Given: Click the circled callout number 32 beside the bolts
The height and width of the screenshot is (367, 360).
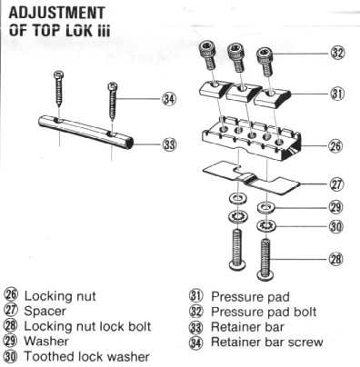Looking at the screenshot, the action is (337, 53).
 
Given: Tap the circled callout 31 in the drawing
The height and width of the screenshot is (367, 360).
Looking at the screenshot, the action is (337, 94).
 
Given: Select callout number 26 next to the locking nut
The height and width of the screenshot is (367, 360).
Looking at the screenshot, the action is (335, 146).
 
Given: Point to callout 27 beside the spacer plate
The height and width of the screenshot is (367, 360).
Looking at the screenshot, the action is (336, 184).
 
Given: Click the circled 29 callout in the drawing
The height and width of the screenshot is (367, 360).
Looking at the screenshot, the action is (336, 207).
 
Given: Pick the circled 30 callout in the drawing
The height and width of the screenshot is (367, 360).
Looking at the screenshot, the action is (336, 226).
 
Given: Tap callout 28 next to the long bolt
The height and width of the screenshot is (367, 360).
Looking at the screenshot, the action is (335, 259).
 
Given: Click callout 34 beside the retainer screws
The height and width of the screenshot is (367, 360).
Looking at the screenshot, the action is (169, 99).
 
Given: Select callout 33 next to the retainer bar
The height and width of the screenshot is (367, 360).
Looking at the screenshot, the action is (169, 144).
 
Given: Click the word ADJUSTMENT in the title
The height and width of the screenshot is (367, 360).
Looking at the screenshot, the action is (57, 13).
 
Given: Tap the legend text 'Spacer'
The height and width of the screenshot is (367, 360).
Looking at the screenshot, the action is (45, 311).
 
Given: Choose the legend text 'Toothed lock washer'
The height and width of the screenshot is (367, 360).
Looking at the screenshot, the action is (86, 356).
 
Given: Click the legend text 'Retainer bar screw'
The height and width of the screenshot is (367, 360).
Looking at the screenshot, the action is (267, 342).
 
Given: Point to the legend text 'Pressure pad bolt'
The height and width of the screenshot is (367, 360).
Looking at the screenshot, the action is (264, 312).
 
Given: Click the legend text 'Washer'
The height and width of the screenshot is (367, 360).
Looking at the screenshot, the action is (46, 341).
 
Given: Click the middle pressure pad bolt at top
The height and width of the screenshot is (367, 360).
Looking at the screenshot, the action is (236, 57).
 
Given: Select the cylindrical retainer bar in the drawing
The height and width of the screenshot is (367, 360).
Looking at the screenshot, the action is (85, 132).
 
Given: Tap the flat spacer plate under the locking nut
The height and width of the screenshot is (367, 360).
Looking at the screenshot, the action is (251, 178).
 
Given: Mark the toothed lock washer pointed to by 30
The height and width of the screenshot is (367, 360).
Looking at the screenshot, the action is (265, 225).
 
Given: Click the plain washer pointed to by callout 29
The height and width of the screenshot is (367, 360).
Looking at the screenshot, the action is (266, 207).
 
